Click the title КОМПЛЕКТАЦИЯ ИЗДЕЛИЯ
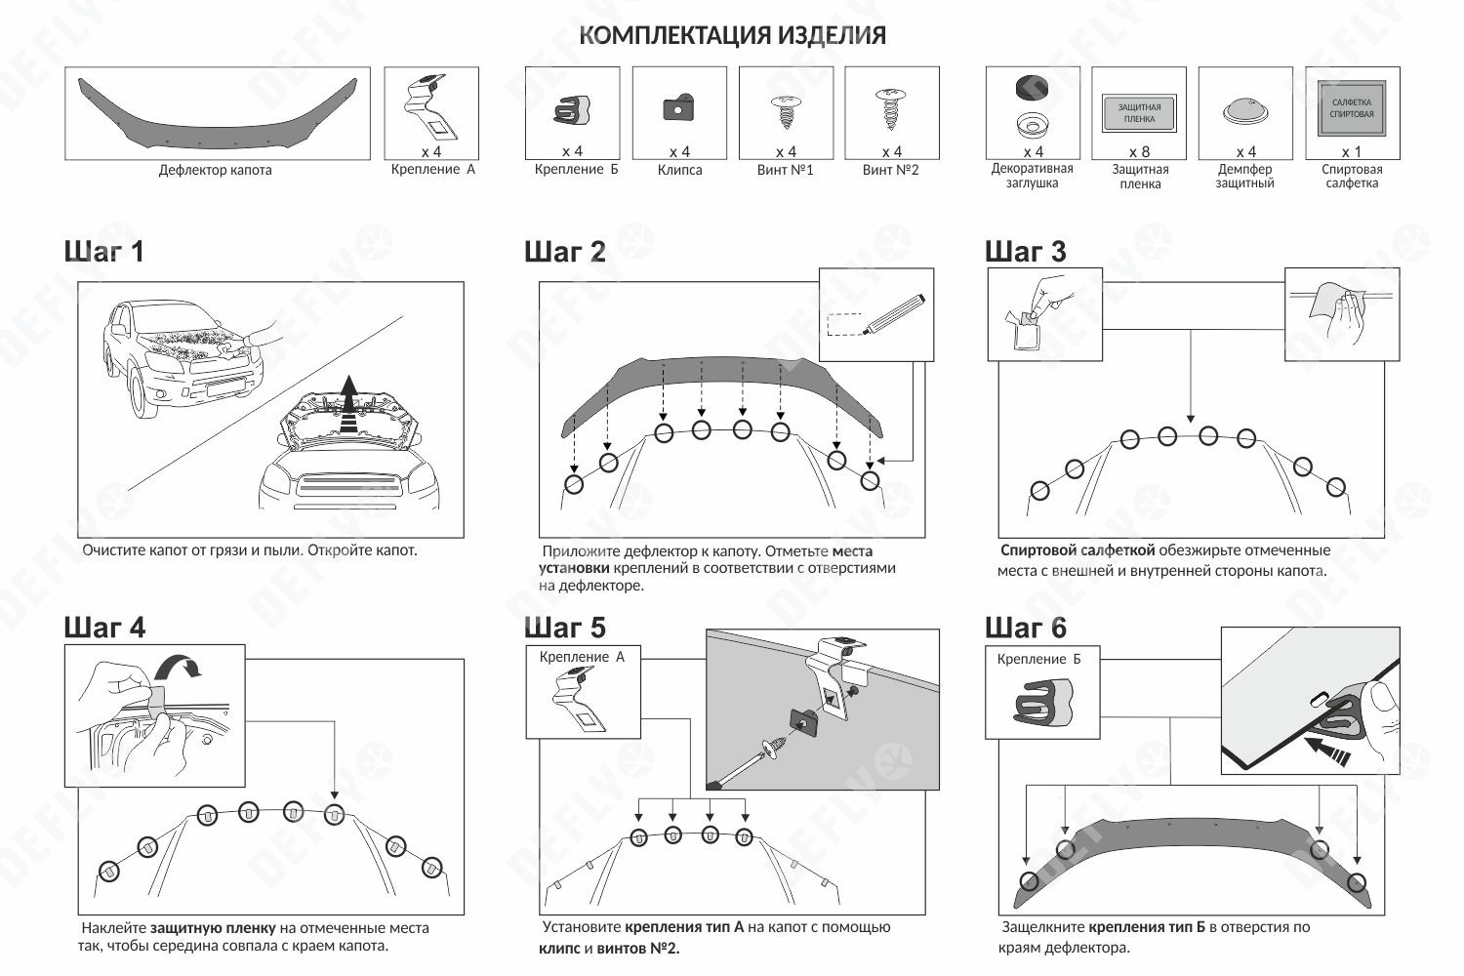732,35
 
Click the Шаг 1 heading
104,252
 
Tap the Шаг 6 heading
1026,627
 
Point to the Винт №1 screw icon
785,110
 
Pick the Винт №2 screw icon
890,108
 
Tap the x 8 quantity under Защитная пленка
1139,152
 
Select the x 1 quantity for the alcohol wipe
1351,152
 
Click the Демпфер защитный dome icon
1245,111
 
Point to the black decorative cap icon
1032,89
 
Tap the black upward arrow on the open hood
348,395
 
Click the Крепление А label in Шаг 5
582,657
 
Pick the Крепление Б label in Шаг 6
1038,659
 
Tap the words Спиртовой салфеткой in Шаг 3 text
1078,550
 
